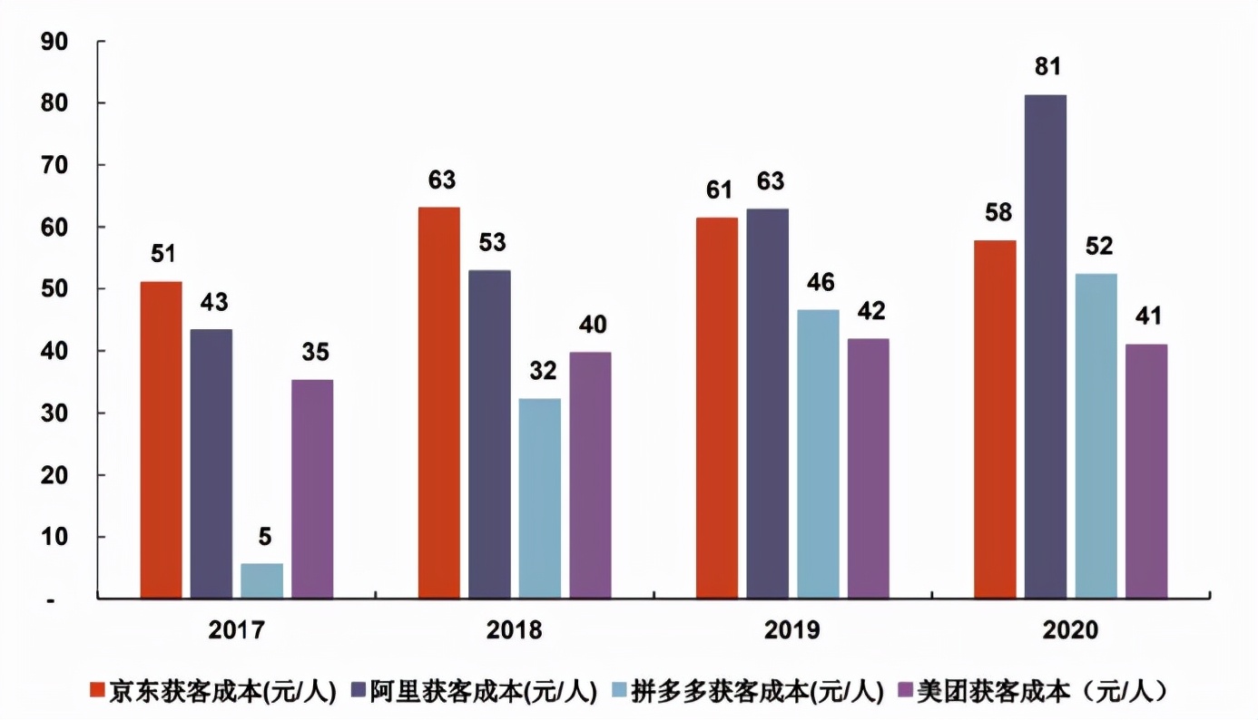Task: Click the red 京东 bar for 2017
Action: point(161,440)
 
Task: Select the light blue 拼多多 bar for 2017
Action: point(262,580)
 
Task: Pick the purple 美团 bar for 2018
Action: point(590,475)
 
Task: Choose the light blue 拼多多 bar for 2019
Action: point(818,453)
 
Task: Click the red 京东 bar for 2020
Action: point(995,419)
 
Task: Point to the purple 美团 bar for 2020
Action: point(1146,471)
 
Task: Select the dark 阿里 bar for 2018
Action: point(489,434)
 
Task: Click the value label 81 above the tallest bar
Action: point(1047,66)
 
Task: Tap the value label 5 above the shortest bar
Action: point(264,536)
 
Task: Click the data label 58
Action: point(996,212)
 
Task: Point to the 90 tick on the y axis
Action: point(56,42)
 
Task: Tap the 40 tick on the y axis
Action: point(56,351)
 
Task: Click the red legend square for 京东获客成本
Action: point(99,692)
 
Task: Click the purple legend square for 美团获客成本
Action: point(904,692)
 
